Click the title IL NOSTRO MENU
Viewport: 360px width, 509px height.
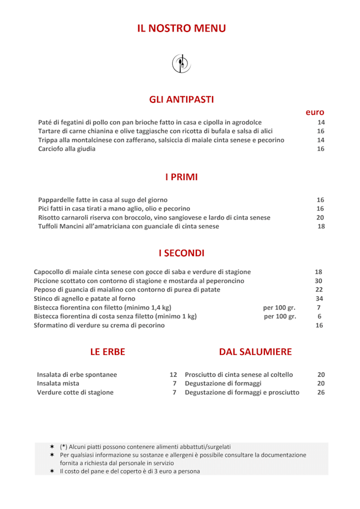[x=181, y=28]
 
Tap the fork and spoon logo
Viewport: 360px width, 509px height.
[x=181, y=63]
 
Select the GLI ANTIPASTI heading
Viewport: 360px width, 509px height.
[x=181, y=100]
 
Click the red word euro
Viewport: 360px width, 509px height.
[x=315, y=112]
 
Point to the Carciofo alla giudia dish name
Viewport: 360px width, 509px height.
[x=67, y=149]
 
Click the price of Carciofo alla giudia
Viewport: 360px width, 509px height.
[x=321, y=149]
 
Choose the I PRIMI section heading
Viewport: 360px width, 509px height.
[x=181, y=177]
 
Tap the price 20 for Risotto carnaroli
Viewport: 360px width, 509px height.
[x=320, y=218]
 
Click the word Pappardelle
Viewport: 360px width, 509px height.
[x=57, y=200]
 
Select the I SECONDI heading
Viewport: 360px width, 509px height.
[x=181, y=253]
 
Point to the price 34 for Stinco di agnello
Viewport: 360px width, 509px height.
[x=319, y=299]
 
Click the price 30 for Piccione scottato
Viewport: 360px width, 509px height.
[x=319, y=281]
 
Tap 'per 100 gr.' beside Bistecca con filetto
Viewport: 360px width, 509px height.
[x=279, y=308]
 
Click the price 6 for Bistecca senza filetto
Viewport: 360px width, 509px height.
[x=319, y=317]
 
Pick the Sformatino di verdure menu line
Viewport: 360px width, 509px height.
[x=99, y=326]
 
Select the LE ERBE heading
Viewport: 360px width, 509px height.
[x=107, y=352]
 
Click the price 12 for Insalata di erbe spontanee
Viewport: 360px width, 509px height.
[x=173, y=375]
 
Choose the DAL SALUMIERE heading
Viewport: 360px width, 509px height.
[x=255, y=352]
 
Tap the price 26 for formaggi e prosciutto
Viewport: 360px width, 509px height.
[x=321, y=393]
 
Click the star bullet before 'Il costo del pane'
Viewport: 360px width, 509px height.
[x=52, y=471]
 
